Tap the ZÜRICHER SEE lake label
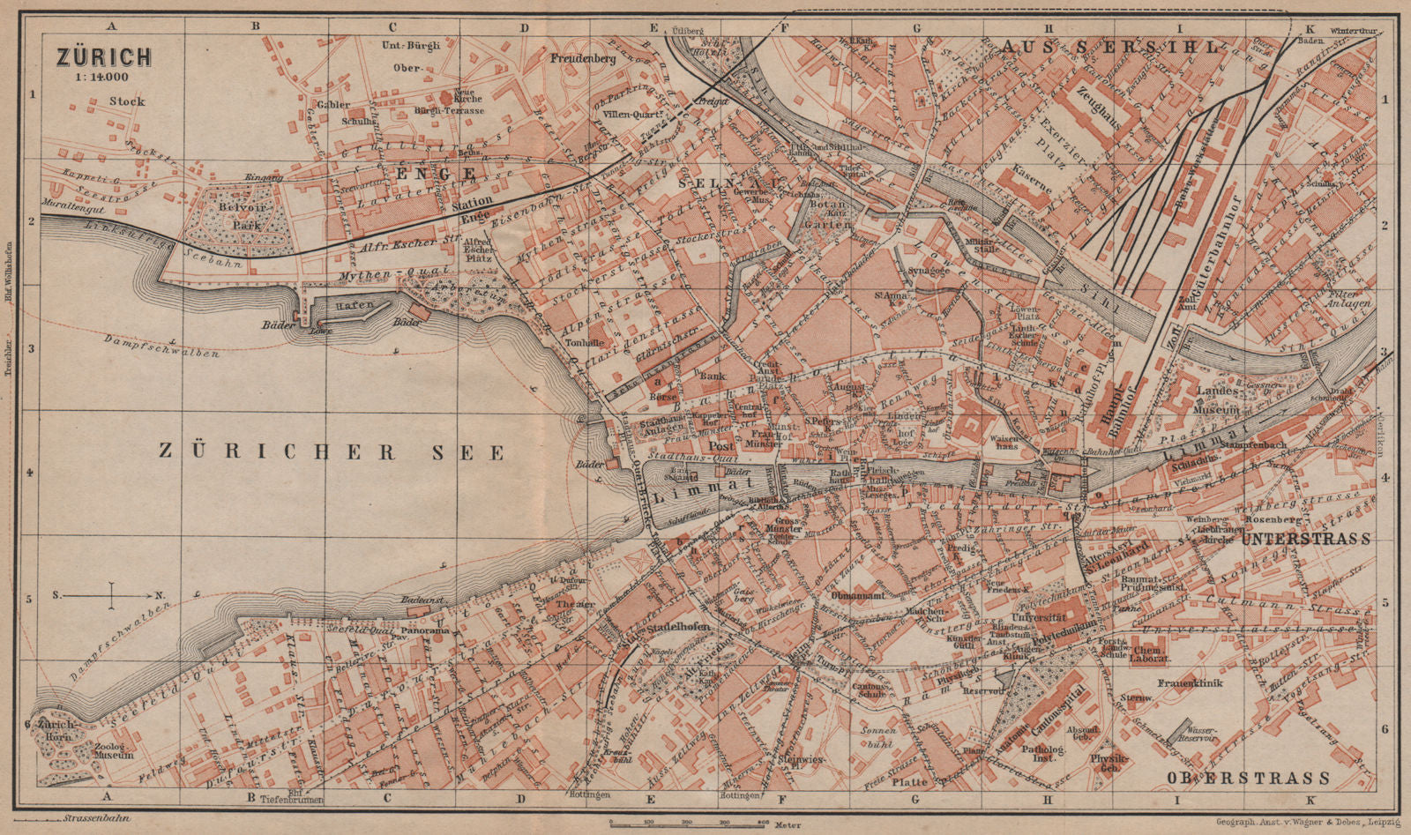tap(332, 452)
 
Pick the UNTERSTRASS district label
tap(1304, 539)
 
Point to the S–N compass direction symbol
tap(111, 596)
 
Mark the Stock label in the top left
tap(127, 101)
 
